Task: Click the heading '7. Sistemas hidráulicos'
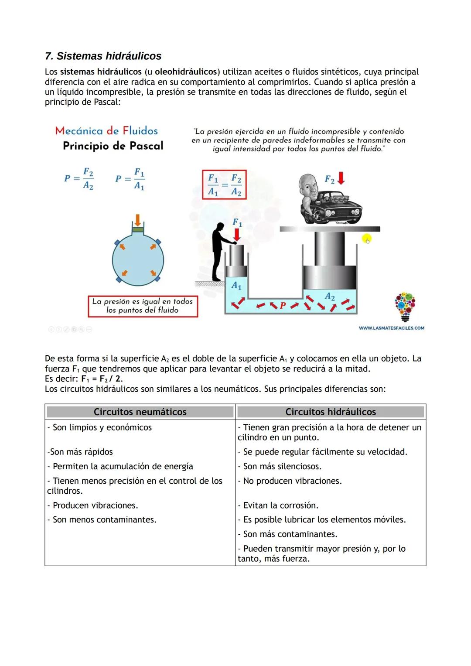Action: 103,56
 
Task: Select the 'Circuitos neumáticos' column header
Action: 140,412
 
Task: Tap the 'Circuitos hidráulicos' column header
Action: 331,412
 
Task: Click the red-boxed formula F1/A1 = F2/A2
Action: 224,185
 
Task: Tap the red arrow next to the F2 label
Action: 341,178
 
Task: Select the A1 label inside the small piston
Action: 236,286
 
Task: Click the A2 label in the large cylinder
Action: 330,297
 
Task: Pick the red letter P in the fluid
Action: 283,305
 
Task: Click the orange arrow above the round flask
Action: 138,219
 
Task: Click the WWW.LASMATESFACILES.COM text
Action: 391,328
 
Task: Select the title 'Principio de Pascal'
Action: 113,146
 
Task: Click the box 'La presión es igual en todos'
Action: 143,306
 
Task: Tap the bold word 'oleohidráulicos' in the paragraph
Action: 186,72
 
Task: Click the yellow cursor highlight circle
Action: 367,239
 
